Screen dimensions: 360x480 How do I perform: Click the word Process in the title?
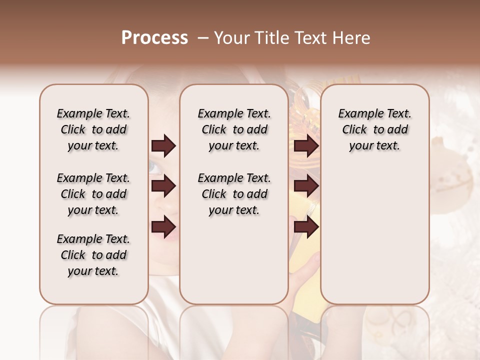tap(154, 37)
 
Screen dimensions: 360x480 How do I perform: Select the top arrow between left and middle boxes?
tap(163, 146)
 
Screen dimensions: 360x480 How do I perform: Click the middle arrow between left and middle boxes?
tap(163, 186)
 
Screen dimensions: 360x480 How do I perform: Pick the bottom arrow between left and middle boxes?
tap(163, 227)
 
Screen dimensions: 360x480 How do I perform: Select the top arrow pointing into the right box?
tap(306, 146)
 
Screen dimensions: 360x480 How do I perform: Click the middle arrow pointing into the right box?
tap(306, 186)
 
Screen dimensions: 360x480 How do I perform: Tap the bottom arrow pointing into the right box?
tap(306, 227)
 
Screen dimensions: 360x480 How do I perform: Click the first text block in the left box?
tap(93, 129)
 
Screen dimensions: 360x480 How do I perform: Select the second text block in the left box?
tap(93, 194)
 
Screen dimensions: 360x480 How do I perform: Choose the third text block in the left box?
tap(93, 255)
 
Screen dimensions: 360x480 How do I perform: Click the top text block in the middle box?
tap(234, 129)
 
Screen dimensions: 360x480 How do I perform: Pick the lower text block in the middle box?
tap(234, 194)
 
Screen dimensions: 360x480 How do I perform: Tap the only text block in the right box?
tap(374, 129)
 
